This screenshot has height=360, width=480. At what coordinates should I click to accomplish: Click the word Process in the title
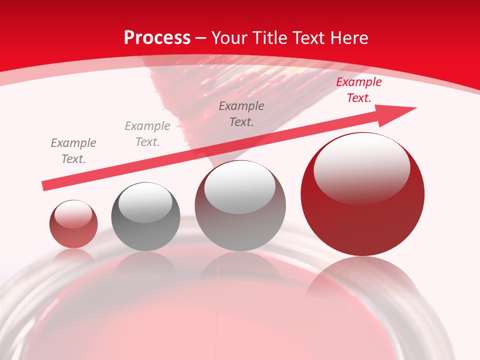tap(157, 38)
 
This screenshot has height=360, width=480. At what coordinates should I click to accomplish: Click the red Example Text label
tap(358, 90)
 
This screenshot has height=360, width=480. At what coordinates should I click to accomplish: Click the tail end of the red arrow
tap(45, 186)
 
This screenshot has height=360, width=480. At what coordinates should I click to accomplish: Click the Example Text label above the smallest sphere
tap(73, 151)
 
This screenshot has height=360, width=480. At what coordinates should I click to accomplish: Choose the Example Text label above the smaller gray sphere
tap(147, 134)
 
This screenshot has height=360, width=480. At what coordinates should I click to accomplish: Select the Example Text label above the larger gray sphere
tap(241, 113)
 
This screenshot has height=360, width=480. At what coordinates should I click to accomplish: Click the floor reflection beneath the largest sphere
tap(362, 280)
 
